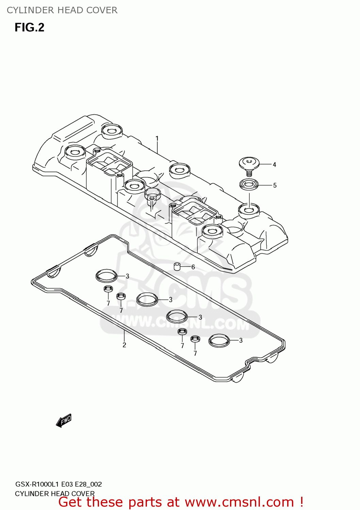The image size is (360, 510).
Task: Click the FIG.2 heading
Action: pyautogui.click(x=30, y=28)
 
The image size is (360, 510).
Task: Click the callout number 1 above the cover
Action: pyautogui.click(x=157, y=139)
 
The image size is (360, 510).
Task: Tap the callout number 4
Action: pyautogui.click(x=274, y=165)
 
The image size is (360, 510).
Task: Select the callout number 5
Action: pyautogui.click(x=275, y=186)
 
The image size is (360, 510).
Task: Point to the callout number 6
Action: pyautogui.click(x=193, y=267)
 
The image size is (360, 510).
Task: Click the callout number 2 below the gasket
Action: pyautogui.click(x=124, y=345)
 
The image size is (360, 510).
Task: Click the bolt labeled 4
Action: pyautogui.click(x=249, y=165)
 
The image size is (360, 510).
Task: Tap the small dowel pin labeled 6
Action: pyautogui.click(x=177, y=267)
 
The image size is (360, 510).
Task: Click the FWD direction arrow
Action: pyautogui.click(x=64, y=420)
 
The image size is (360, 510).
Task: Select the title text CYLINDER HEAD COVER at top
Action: pyautogui.click(x=62, y=10)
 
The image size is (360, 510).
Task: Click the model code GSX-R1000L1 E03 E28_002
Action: pyautogui.click(x=59, y=484)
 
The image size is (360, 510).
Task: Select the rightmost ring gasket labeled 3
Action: pyautogui.click(x=219, y=340)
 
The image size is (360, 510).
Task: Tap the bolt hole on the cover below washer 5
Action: pyautogui.click(x=249, y=209)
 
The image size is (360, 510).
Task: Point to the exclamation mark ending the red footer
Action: pyautogui.click(x=301, y=502)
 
